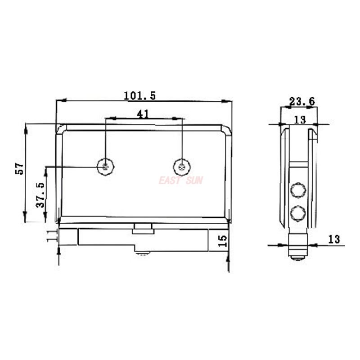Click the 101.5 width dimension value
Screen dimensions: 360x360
[139, 95]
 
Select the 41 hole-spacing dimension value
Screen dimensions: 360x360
[143, 114]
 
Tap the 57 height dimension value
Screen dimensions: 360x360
[19, 169]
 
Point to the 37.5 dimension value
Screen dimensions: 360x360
[40, 194]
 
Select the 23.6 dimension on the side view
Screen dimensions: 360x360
[301, 102]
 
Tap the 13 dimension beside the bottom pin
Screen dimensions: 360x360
[333, 239]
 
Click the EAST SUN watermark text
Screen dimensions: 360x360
[180, 180]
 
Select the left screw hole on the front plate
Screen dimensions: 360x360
[106, 167]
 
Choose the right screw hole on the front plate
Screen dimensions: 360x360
[182, 167]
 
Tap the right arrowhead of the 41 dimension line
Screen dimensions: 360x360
[181, 119]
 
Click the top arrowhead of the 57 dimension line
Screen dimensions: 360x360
[26, 126]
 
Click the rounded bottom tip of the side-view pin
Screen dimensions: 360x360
[297, 258]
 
